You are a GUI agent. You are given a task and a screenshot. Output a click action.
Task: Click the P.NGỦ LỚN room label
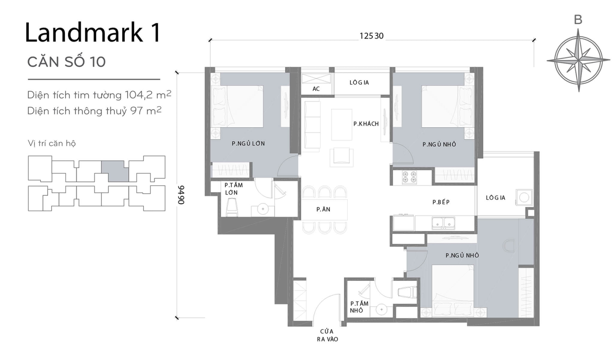click(248, 144)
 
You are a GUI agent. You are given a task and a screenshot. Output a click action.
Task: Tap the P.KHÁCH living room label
click(366, 124)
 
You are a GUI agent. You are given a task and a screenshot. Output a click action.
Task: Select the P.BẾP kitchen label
click(441, 202)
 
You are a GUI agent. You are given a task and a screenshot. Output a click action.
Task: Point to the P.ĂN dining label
click(323, 209)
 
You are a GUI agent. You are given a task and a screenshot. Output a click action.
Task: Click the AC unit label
click(316, 89)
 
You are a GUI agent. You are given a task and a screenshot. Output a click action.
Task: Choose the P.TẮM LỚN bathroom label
click(233, 189)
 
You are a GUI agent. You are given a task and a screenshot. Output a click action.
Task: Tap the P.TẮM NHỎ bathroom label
click(359, 307)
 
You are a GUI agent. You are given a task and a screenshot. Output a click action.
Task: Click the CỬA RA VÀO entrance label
click(327, 335)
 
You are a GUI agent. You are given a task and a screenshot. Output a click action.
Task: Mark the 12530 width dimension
click(371, 36)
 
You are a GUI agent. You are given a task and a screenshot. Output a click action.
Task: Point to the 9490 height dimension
click(181, 195)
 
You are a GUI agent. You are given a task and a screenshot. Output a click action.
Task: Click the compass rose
click(578, 61)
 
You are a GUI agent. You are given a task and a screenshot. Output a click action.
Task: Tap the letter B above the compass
click(578, 20)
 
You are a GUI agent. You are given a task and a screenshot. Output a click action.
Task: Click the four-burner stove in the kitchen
click(409, 177)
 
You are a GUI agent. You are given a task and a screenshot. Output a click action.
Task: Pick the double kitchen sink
click(443, 223)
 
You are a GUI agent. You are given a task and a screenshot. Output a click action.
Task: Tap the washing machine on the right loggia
click(524, 197)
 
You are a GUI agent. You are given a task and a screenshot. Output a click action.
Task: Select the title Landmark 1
click(93, 32)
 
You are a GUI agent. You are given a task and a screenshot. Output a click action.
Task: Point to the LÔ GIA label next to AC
click(359, 82)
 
